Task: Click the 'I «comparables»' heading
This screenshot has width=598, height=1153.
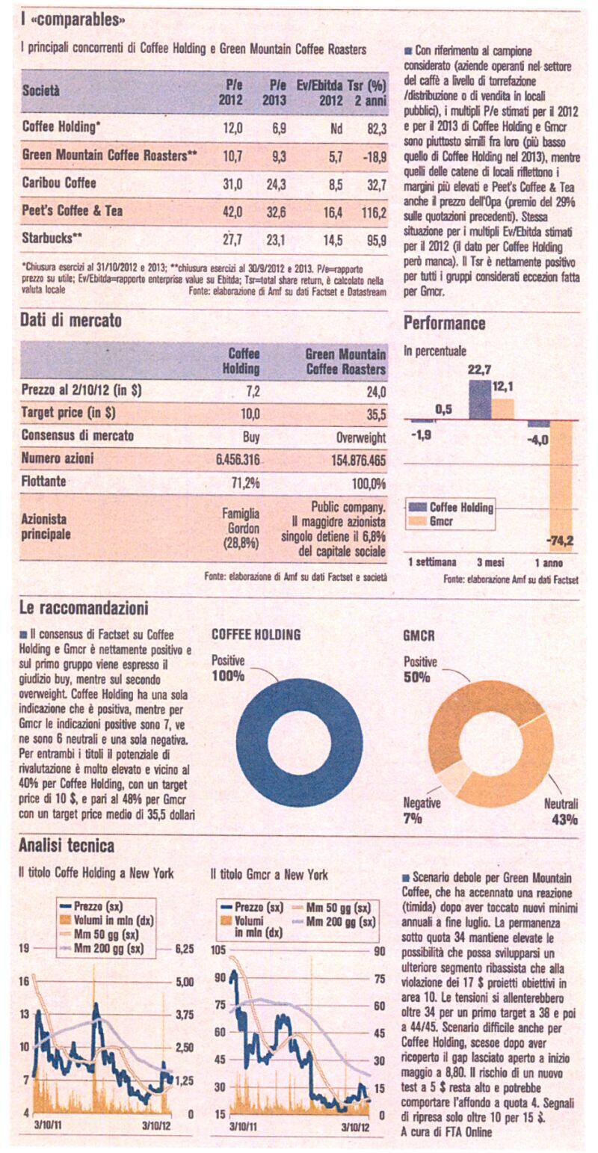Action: tap(72, 20)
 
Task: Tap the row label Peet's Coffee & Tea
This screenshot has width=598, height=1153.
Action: tap(73, 211)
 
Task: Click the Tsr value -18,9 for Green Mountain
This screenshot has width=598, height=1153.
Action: tap(374, 156)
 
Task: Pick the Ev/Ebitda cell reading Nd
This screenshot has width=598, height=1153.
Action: tap(336, 128)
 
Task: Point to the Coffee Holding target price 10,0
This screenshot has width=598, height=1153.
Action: tap(250, 413)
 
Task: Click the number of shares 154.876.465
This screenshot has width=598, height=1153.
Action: tap(358, 460)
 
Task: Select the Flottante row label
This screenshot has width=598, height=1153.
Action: tap(44, 482)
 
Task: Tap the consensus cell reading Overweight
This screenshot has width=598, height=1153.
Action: tap(361, 437)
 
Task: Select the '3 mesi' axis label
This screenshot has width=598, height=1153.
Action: tap(490, 562)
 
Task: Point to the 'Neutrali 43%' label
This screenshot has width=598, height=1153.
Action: tap(561, 811)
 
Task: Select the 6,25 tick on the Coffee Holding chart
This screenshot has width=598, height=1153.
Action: tap(184, 948)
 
